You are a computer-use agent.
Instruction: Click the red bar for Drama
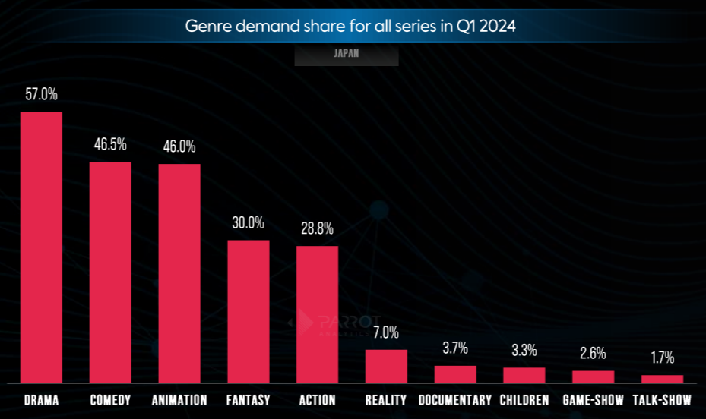[41, 247]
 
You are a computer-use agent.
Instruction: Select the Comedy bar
[110, 272]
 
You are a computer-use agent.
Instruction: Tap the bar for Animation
[179, 273]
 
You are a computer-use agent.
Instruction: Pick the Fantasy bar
[249, 310]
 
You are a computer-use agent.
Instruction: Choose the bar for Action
[317, 313]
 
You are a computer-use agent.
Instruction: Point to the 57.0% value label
[41, 95]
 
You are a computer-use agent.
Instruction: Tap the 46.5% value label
[110, 145]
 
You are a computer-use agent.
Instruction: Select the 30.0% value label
[249, 223]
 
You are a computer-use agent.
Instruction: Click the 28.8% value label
[317, 228]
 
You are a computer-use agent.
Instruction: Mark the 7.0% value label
[386, 332]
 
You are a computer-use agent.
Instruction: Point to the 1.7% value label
[662, 358]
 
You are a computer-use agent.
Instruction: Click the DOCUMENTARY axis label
[454, 399]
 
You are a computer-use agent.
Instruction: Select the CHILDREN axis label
[524, 399]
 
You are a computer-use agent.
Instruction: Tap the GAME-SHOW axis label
[593, 399]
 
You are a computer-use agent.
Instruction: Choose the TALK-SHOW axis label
[662, 399]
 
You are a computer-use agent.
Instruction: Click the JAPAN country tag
[346, 54]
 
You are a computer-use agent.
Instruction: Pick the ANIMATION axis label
[179, 399]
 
